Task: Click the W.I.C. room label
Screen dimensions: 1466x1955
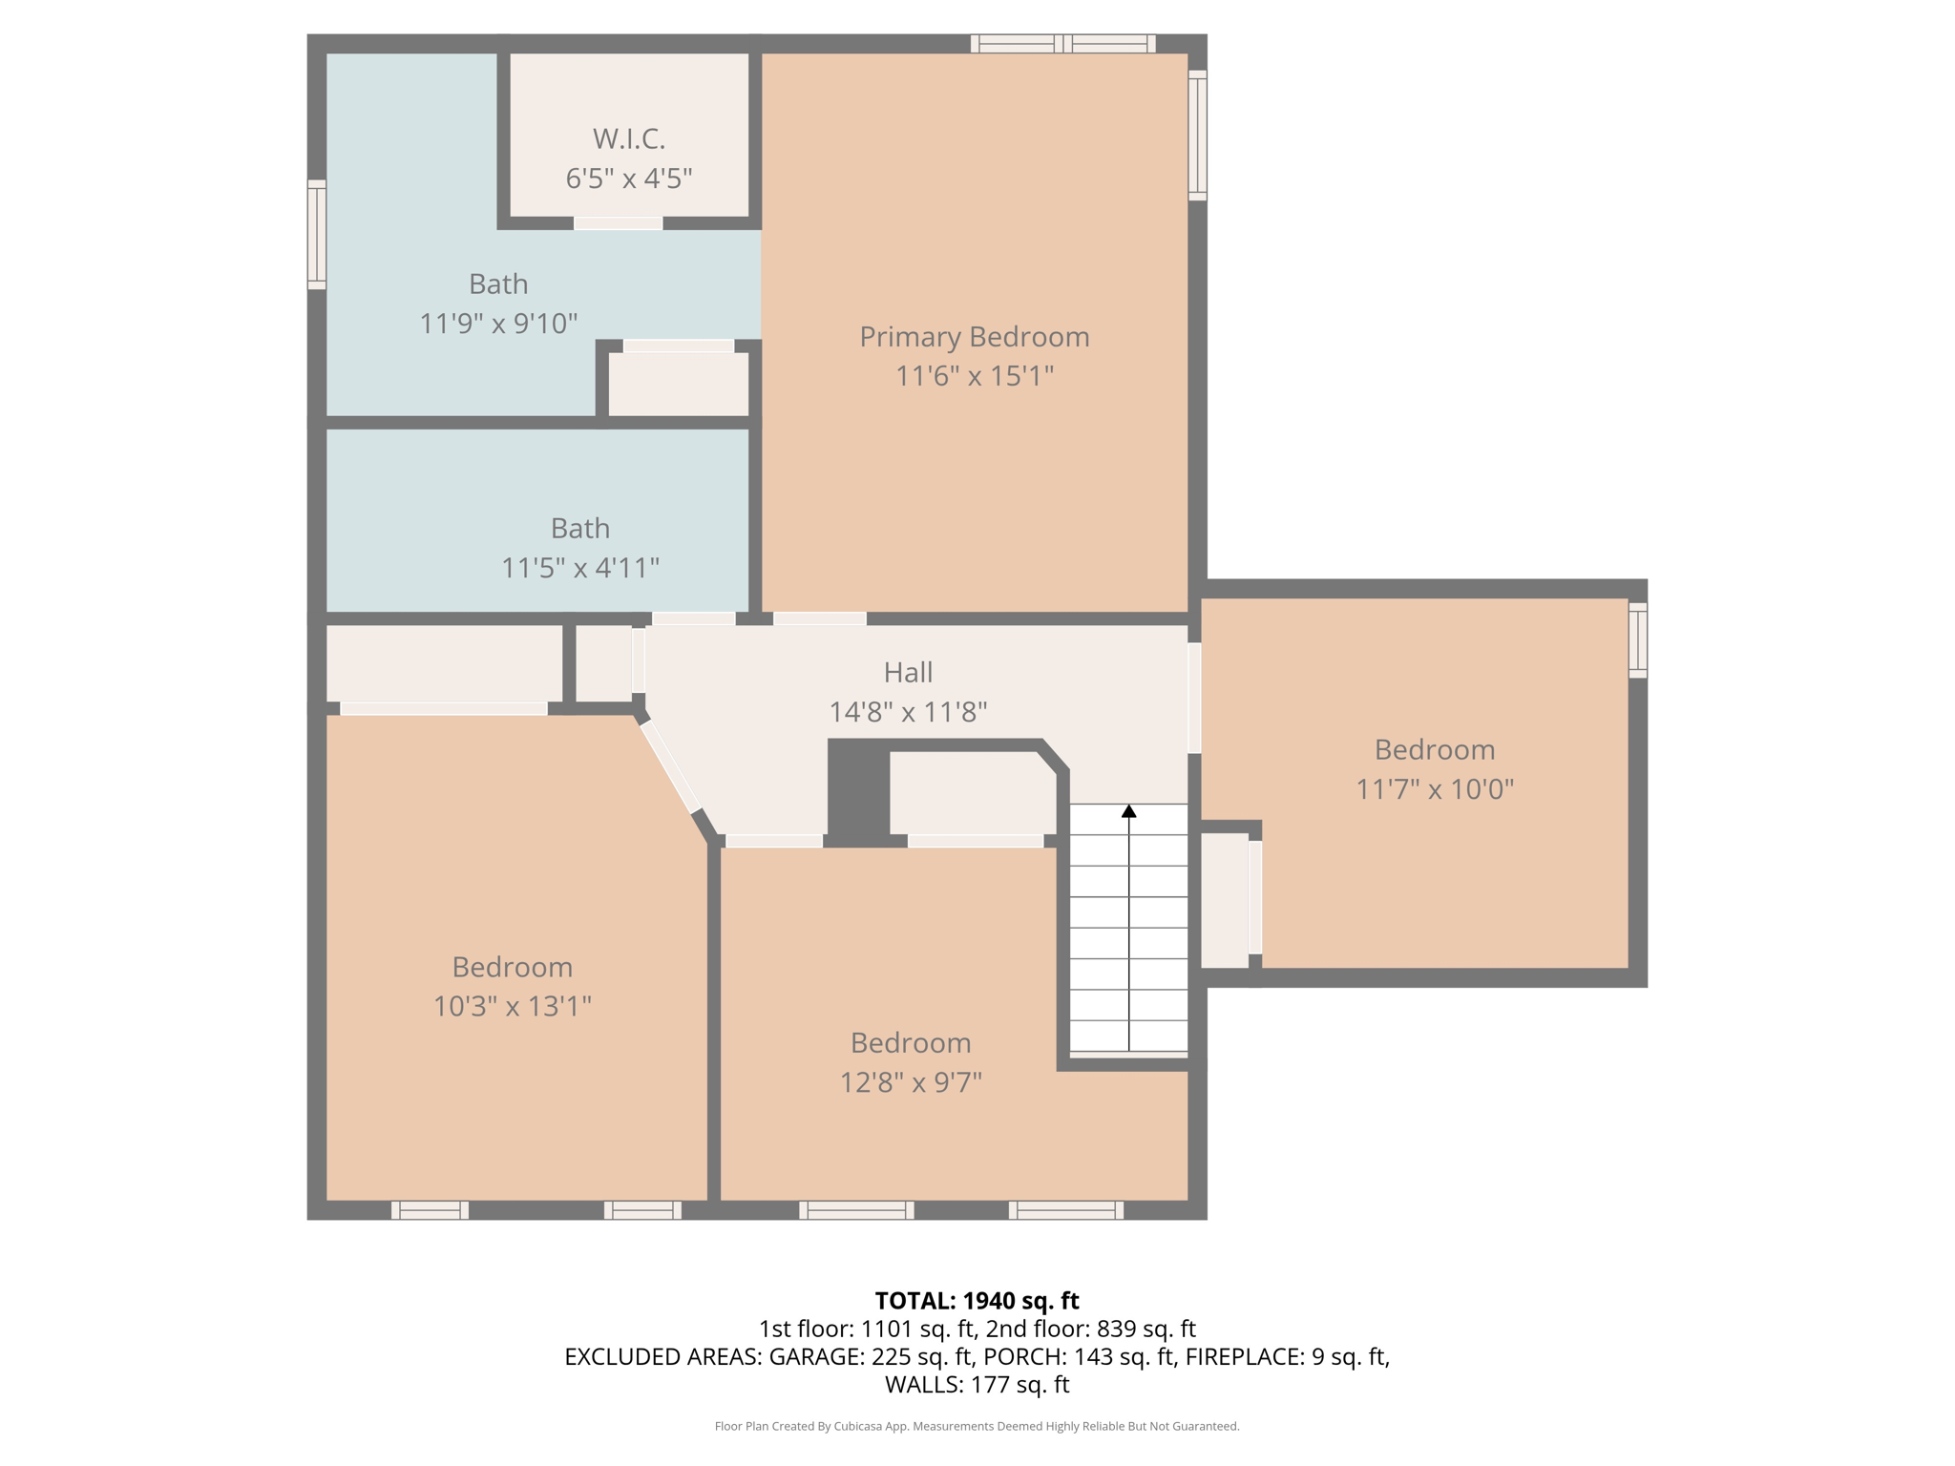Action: click(628, 139)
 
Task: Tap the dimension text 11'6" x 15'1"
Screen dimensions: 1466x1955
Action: click(974, 376)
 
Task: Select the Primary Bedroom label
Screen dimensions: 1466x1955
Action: click(974, 337)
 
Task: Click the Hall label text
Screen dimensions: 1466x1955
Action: click(907, 673)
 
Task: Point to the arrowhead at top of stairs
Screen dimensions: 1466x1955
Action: click(1128, 811)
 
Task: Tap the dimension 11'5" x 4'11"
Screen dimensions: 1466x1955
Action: click(579, 569)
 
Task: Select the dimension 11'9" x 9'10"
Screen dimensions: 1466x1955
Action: click(498, 325)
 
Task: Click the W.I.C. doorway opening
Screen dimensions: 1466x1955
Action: click(618, 223)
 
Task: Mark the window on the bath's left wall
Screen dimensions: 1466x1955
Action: click(317, 234)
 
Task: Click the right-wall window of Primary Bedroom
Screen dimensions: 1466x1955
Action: click(1197, 135)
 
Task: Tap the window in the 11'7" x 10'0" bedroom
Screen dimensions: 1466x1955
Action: click(1637, 639)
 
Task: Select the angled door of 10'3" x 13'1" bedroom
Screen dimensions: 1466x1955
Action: click(670, 767)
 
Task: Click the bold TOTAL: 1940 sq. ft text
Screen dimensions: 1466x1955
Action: click(977, 1301)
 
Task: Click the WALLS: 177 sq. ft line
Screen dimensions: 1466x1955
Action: click(977, 1385)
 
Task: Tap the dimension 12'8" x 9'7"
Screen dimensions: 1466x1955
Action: click(911, 1083)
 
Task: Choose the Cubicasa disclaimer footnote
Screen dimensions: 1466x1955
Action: click(977, 1427)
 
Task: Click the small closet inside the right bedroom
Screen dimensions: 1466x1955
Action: click(1224, 900)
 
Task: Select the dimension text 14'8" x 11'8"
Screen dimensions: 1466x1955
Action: click(907, 713)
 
